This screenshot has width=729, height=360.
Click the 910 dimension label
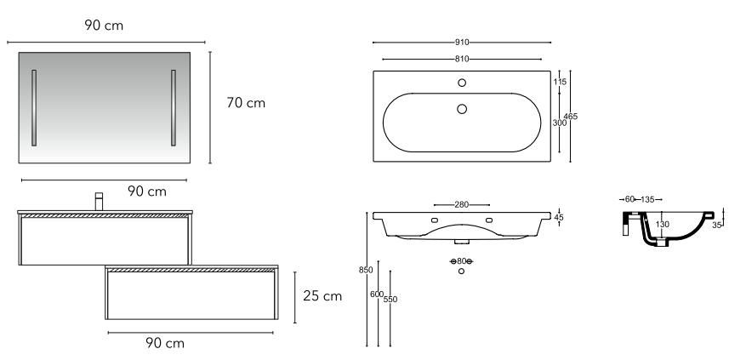(462, 43)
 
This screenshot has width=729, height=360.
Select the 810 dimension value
(462, 59)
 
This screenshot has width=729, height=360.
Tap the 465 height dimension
(571, 117)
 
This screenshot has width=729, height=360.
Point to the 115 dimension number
(560, 82)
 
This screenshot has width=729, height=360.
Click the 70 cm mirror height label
(246, 102)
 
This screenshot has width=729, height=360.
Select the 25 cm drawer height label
(322, 296)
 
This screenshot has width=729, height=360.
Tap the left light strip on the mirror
(34, 108)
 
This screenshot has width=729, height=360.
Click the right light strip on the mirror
(174, 108)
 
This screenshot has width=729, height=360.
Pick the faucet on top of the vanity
(99, 202)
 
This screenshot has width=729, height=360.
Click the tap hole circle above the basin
(462, 83)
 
